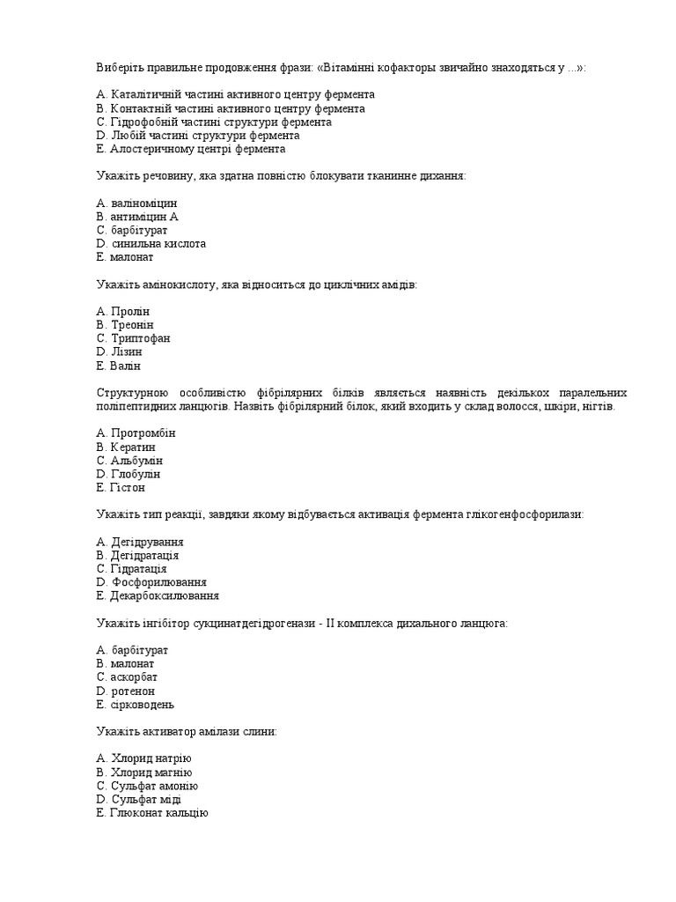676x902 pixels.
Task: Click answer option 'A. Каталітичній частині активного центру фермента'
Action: coord(236,94)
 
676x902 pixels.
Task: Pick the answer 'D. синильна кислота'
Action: coord(151,243)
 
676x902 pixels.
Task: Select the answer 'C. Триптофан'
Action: coord(133,338)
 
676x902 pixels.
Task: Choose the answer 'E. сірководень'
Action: coord(136,705)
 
